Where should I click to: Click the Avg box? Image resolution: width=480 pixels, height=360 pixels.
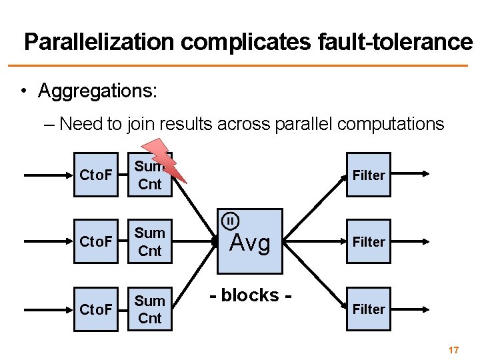[251, 241]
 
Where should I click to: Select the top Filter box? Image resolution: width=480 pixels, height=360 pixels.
[368, 175]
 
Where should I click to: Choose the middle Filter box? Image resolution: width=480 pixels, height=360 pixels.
[368, 242]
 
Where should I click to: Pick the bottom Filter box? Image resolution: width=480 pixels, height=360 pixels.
[368, 309]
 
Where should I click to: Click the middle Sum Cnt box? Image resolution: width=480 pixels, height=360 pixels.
[150, 242]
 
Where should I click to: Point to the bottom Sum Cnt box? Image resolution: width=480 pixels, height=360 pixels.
[150, 309]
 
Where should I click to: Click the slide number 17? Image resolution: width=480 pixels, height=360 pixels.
[454, 350]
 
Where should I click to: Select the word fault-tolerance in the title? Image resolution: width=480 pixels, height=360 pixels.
[391, 42]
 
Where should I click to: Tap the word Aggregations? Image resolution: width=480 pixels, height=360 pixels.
[97, 90]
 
